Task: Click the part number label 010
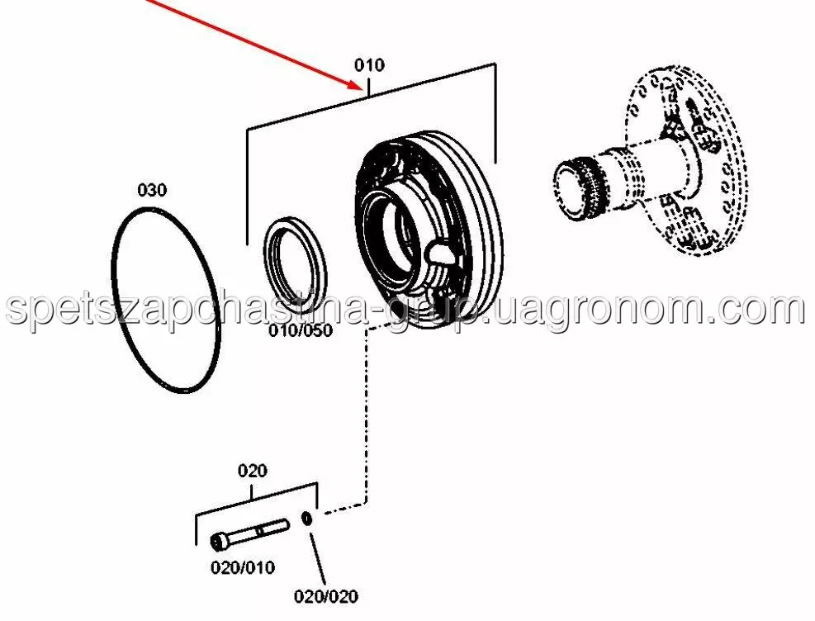[369, 64]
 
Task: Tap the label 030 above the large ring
[151, 190]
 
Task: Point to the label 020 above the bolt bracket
[252, 471]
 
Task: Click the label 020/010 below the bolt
[242, 567]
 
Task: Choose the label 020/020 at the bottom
[326, 595]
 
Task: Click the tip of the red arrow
[359, 86]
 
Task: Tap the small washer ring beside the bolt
[307, 519]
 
